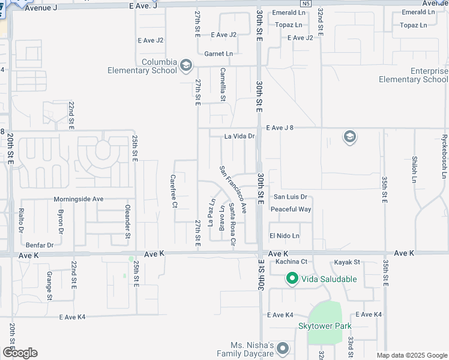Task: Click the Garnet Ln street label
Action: [218, 53]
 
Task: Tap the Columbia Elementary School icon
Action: [186, 65]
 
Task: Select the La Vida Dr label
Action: [240, 136]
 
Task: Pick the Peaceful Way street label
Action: [291, 209]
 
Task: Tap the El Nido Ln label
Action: [284, 236]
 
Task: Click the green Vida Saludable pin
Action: [292, 278]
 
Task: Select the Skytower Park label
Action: [325, 326]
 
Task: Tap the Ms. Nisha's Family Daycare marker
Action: [283, 348]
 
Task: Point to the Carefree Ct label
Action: [173, 191]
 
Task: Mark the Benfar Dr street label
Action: [40, 245]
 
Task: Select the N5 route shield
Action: [306, 4]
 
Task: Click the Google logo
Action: [20, 352]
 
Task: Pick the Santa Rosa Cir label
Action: [232, 225]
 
